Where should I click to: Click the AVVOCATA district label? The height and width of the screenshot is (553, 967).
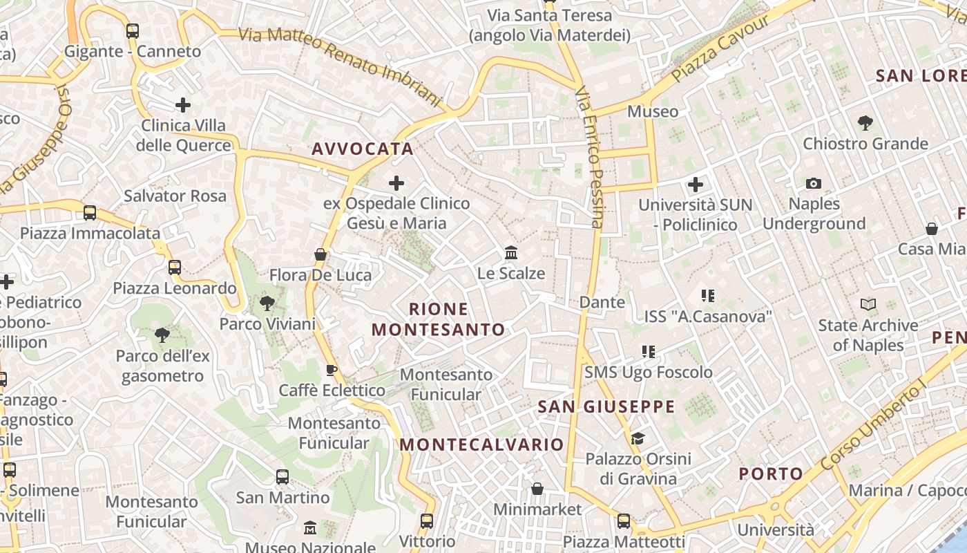(362, 149)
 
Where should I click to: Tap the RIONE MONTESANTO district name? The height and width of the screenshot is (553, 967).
(439, 319)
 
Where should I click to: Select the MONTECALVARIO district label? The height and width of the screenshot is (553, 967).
(481, 444)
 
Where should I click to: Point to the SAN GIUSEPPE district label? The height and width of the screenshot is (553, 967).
(606, 406)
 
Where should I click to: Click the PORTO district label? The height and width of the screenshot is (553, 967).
(771, 474)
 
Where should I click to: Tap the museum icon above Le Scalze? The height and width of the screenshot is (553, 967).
(511, 253)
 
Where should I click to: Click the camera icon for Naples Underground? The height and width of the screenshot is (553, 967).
(814, 183)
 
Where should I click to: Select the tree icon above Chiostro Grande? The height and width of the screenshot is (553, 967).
(865, 123)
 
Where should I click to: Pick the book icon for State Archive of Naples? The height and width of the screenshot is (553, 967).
(868, 304)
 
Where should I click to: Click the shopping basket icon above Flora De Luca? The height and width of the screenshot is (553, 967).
(320, 254)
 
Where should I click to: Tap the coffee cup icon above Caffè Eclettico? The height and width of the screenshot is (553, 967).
(332, 370)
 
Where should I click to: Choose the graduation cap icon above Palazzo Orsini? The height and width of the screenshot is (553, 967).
(638, 438)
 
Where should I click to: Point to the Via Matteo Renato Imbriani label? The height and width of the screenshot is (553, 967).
(340, 66)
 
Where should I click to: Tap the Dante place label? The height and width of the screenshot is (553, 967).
(602, 302)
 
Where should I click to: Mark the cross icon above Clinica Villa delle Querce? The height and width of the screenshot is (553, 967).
(183, 105)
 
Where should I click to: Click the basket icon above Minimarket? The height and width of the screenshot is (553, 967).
(537, 489)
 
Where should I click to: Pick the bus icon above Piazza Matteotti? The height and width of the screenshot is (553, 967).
(624, 521)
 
